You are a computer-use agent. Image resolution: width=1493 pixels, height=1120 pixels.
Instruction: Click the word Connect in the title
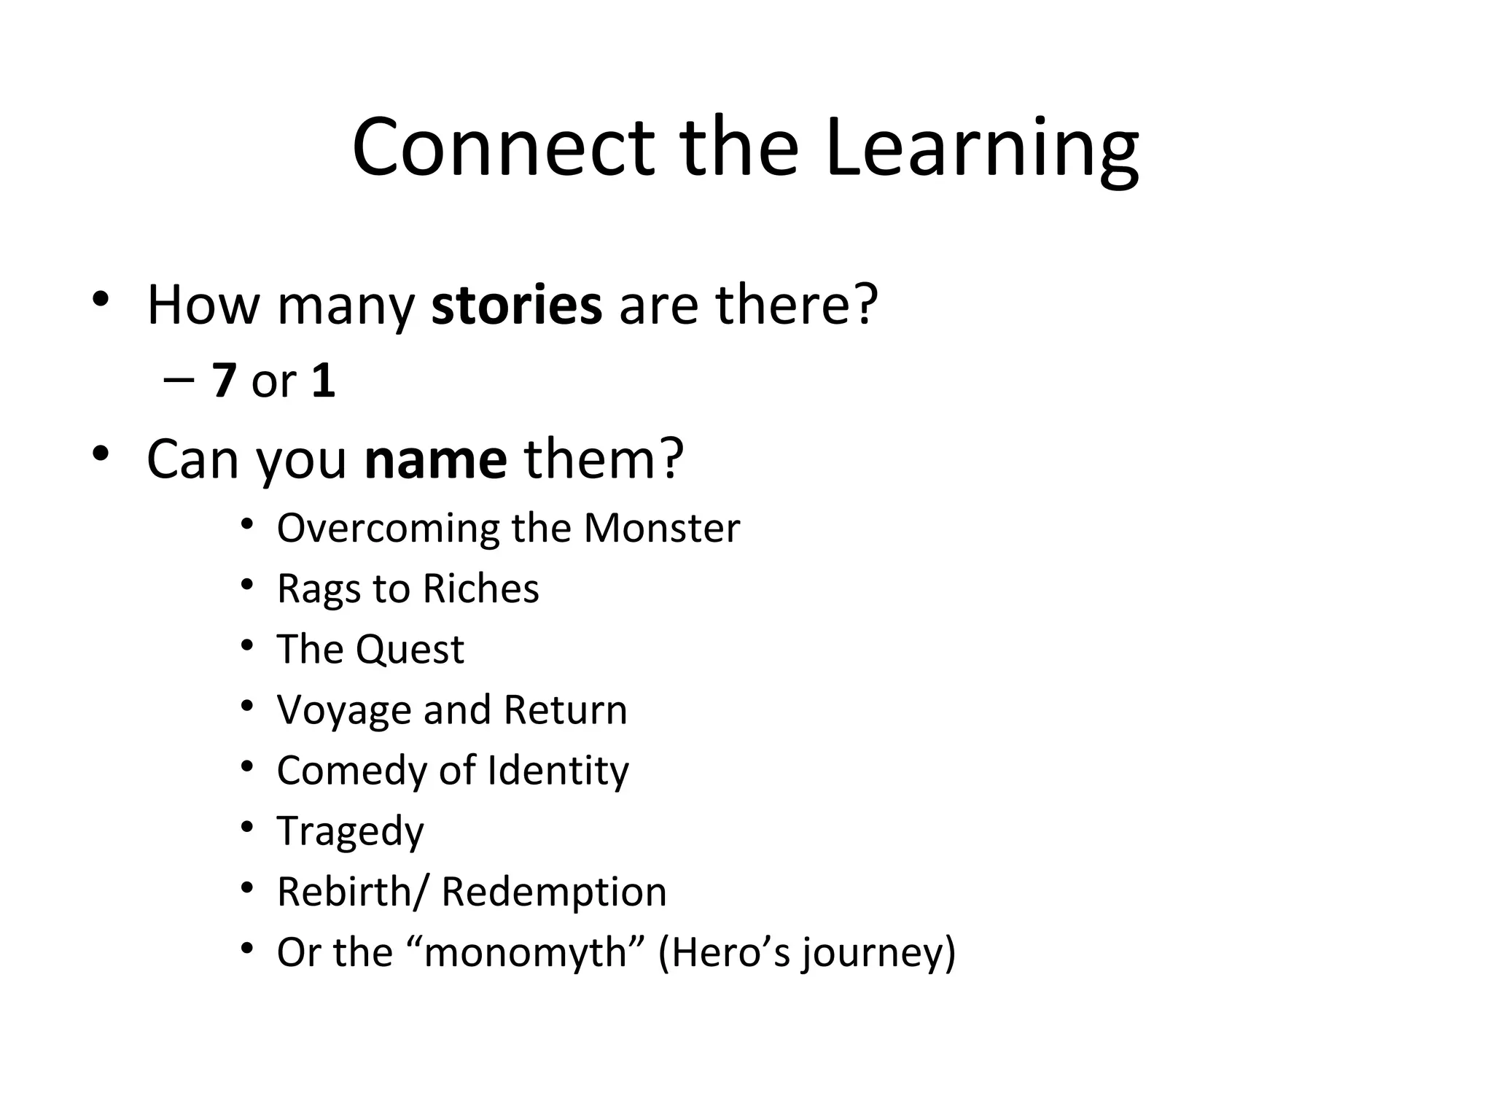click(503, 148)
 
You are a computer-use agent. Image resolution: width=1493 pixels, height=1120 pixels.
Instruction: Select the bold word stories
click(517, 305)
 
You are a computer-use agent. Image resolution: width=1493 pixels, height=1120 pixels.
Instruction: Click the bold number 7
click(225, 381)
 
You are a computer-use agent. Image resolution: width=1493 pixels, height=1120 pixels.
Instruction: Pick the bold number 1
click(323, 381)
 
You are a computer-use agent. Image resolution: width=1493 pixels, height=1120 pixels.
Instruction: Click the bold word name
click(435, 459)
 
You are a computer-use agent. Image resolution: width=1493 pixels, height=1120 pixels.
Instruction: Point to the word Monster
click(661, 528)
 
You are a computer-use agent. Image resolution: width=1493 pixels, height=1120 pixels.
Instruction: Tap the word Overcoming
click(388, 529)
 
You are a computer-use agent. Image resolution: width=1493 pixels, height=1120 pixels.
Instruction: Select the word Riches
click(480, 588)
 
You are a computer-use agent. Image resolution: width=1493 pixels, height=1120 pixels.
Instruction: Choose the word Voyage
click(344, 711)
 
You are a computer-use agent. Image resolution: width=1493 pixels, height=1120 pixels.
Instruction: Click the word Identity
click(558, 771)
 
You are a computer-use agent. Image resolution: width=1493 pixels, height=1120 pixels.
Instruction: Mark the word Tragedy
click(350, 832)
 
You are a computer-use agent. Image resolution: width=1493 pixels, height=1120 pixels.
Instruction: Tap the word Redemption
click(554, 892)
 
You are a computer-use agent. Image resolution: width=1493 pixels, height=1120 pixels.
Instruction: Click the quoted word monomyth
click(525, 953)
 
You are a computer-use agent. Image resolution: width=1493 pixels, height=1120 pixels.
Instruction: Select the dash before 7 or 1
click(179, 381)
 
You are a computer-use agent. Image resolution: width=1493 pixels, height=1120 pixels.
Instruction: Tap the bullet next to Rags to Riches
click(247, 584)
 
